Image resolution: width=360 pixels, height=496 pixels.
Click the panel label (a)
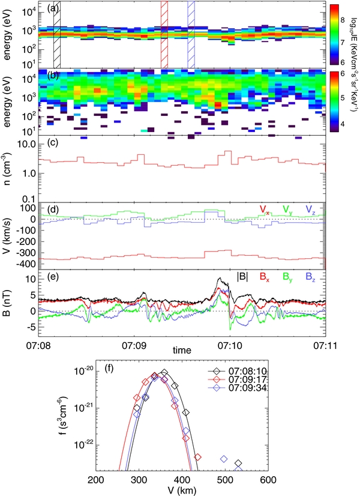click(x=54, y=9)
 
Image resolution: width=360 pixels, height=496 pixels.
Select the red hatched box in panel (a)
click(x=164, y=35)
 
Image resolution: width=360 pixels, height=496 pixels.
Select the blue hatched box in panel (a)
click(x=191, y=35)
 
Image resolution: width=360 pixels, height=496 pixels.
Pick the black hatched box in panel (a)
click(x=57, y=35)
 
